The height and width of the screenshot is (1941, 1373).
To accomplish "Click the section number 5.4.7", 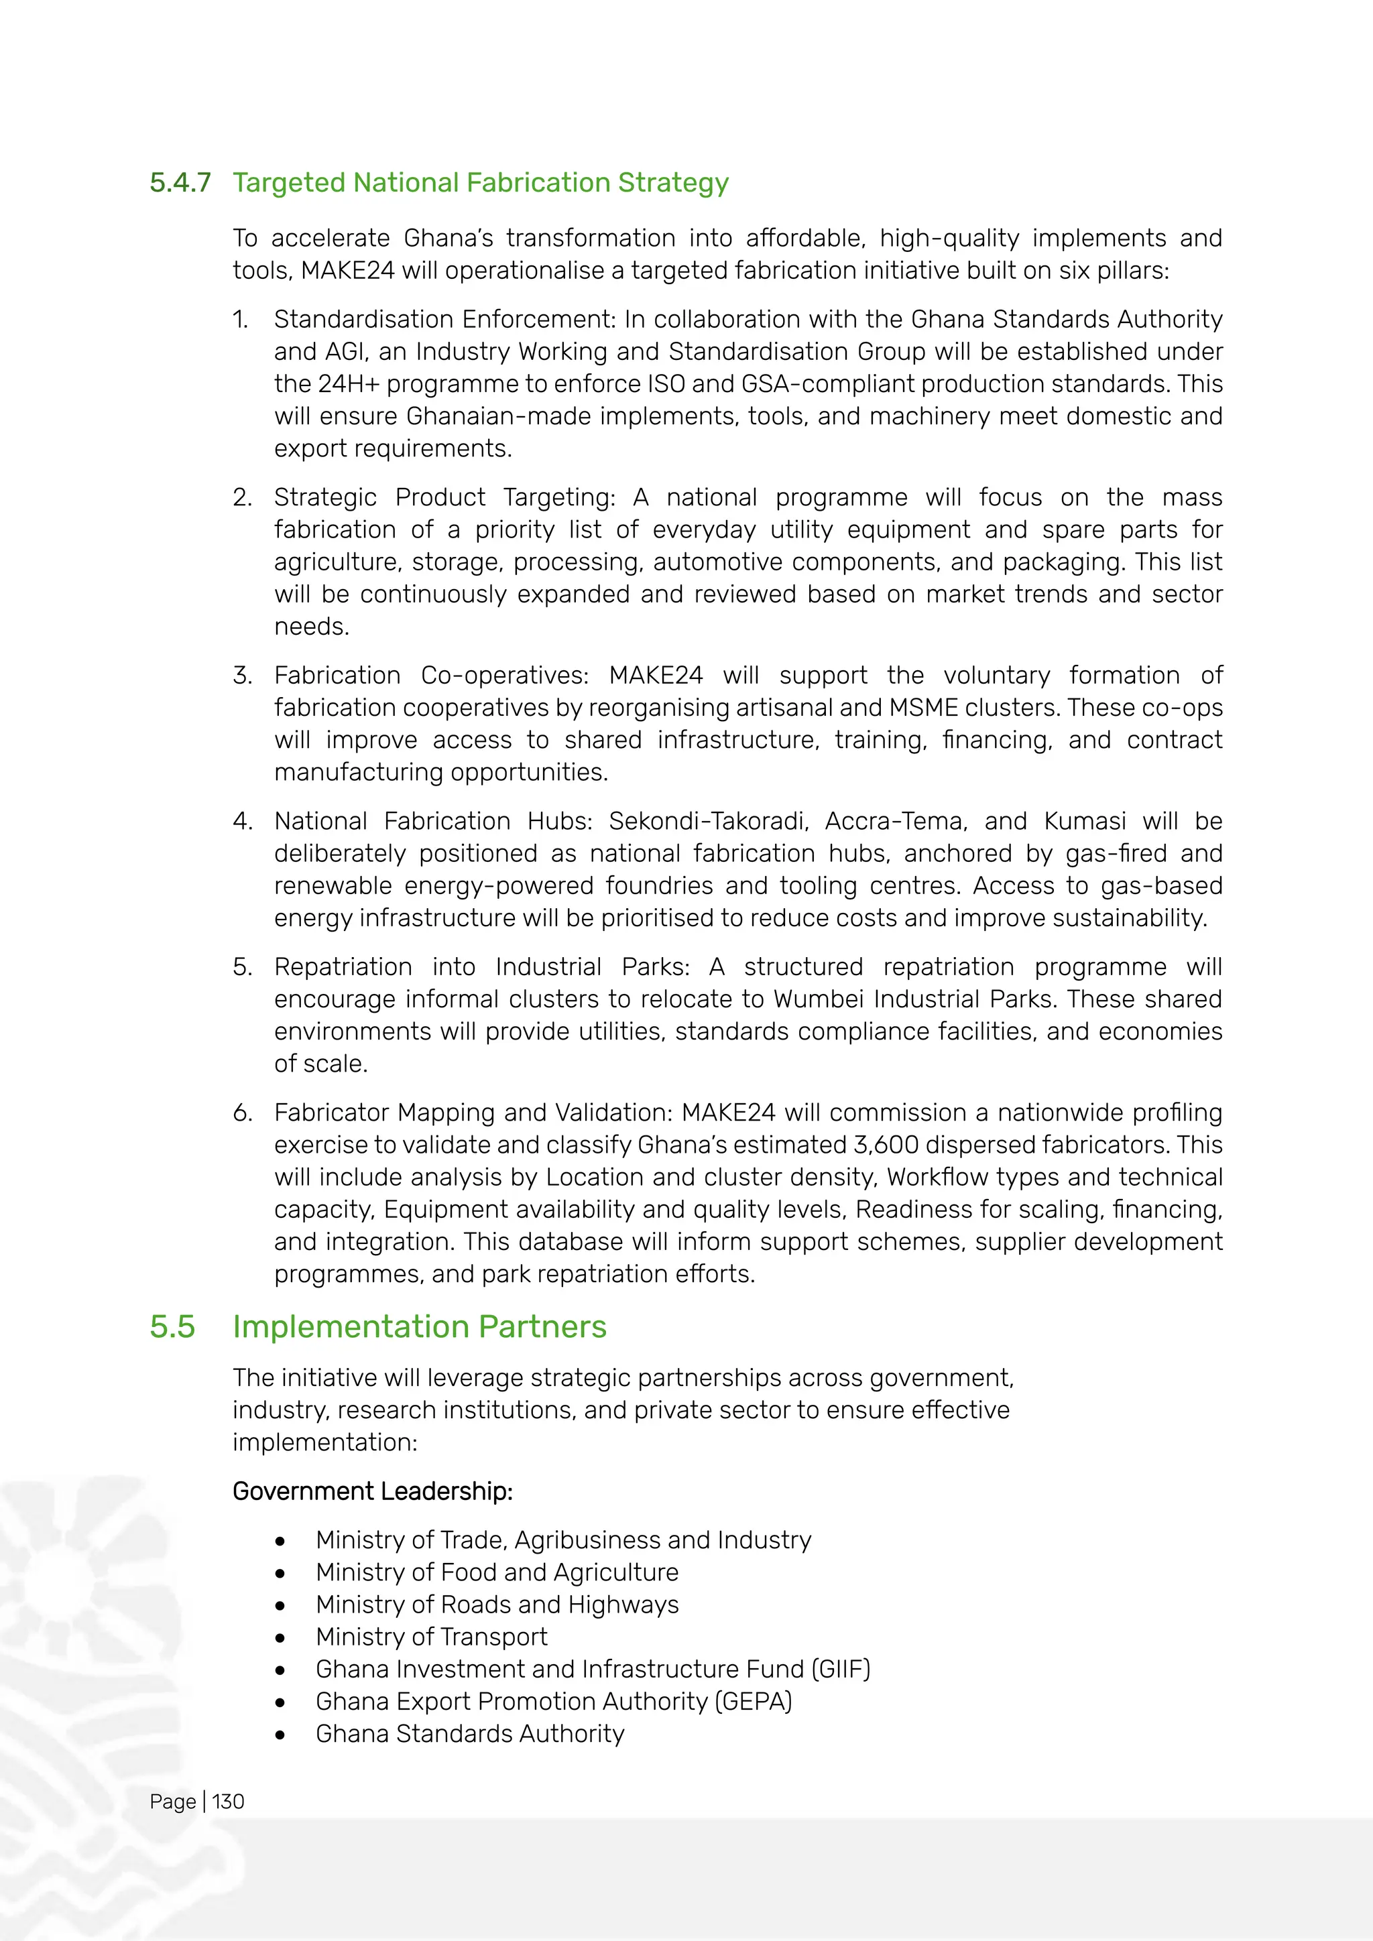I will (x=179, y=182).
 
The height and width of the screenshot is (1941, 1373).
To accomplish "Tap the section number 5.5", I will (x=172, y=1326).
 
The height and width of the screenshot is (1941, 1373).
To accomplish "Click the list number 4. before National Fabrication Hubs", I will (x=242, y=821).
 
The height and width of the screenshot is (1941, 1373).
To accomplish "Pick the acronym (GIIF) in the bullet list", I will (x=841, y=1669).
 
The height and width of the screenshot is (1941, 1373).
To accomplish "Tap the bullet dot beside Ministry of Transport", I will (x=280, y=1638).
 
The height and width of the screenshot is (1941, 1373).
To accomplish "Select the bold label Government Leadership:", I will (x=373, y=1491).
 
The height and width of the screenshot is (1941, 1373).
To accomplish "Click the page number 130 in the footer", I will (x=227, y=1802).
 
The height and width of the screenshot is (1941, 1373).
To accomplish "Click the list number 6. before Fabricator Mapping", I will (x=242, y=1113).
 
